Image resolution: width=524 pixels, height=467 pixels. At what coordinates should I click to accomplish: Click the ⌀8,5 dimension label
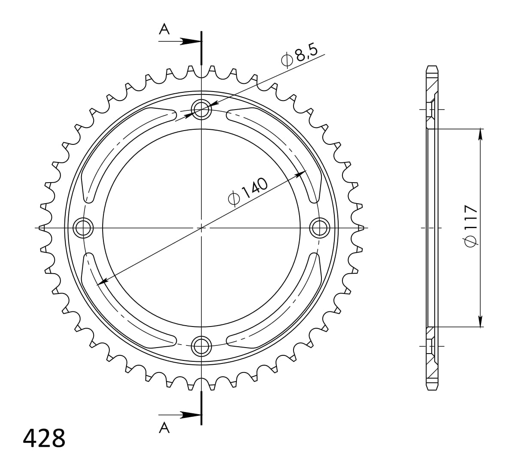point(299,58)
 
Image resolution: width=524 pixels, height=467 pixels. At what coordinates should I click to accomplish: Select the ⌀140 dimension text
point(248,192)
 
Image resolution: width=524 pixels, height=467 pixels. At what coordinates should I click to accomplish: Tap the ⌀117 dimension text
point(470,225)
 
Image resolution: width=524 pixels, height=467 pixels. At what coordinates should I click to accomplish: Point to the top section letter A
point(164,29)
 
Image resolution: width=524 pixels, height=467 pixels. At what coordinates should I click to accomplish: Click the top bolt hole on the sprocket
point(201,109)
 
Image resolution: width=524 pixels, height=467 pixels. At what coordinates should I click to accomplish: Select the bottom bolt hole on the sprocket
point(201,346)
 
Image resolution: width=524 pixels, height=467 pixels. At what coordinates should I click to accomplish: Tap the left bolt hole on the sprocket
point(83,228)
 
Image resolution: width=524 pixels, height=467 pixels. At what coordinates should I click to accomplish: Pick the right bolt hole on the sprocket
point(320,228)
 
